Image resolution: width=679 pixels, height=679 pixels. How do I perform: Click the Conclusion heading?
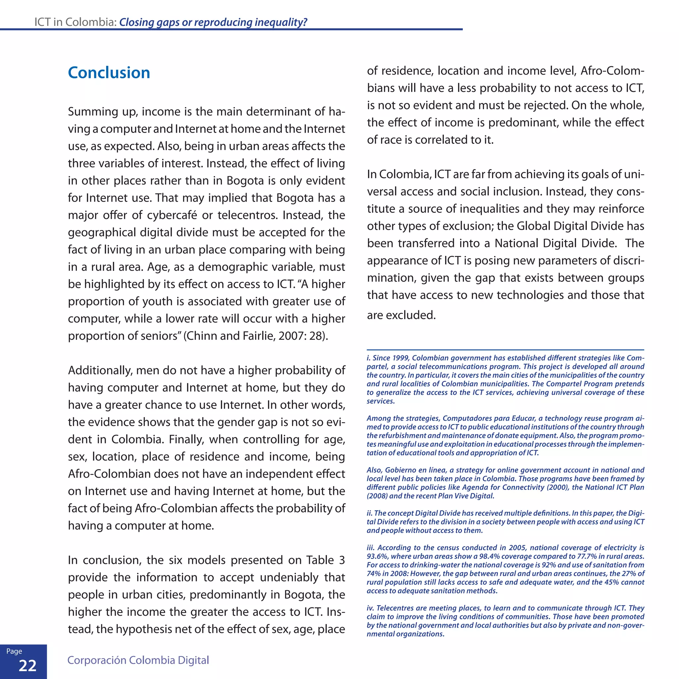[109, 73]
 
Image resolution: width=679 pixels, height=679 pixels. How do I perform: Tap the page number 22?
[28, 665]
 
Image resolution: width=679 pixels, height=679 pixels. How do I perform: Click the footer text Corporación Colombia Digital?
[138, 660]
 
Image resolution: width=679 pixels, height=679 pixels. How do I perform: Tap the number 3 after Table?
[341, 560]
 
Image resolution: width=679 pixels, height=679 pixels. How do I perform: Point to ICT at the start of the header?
[42, 22]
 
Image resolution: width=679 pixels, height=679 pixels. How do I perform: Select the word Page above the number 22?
[14, 651]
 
